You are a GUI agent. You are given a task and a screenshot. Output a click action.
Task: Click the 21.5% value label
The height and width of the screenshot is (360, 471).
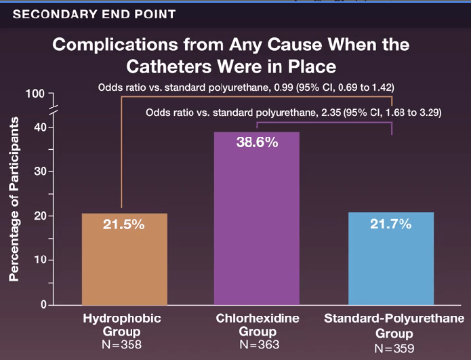(124, 224)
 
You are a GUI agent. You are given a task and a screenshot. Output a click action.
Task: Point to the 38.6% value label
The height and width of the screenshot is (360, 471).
(257, 143)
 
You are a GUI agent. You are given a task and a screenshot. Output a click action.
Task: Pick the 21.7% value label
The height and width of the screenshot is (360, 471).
(390, 224)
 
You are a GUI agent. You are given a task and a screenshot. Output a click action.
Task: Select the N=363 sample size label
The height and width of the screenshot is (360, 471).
(258, 345)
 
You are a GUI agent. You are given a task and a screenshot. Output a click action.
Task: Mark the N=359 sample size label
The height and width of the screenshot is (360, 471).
(393, 349)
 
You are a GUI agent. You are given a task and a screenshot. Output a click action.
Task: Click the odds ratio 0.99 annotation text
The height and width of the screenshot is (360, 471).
(246, 88)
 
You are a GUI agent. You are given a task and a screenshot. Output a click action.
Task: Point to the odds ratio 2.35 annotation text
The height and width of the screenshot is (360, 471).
(293, 113)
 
